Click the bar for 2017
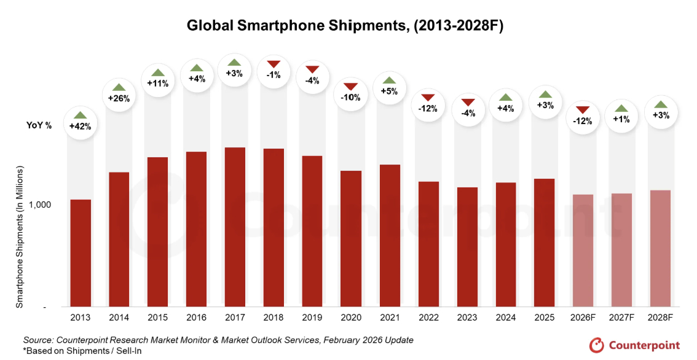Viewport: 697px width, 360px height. pyautogui.click(x=235, y=227)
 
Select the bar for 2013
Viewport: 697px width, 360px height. pyautogui.click(x=81, y=253)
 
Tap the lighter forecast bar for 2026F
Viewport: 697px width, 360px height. pyautogui.click(x=583, y=251)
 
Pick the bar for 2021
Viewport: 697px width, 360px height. pyautogui.click(x=390, y=236)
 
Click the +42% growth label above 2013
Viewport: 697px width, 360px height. pyautogui.click(x=81, y=127)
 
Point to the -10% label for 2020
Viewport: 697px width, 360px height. pyautogui.click(x=351, y=98)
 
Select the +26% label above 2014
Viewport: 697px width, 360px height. pyautogui.click(x=119, y=98)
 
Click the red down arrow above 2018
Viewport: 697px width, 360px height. pyautogui.click(x=274, y=64)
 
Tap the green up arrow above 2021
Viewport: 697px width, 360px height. pyautogui.click(x=390, y=80)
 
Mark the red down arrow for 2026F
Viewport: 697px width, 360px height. pyautogui.click(x=583, y=110)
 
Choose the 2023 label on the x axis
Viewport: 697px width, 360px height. pyautogui.click(x=467, y=318)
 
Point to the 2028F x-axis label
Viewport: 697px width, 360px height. pyautogui.click(x=660, y=318)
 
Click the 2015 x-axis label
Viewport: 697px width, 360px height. pyautogui.click(x=158, y=318)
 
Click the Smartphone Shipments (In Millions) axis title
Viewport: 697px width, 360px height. pyautogui.click(x=20, y=237)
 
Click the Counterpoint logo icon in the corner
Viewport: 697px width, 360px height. pyautogui.click(x=596, y=345)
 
